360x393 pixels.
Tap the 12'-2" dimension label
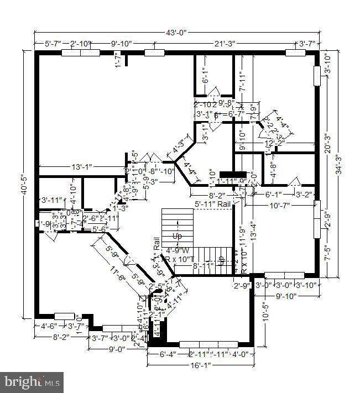[x=274, y=143]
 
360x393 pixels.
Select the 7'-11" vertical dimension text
[x=242, y=81]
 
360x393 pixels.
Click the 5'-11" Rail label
[x=213, y=204]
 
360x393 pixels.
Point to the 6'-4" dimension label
[x=168, y=354]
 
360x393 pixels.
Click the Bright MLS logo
[x=33, y=382]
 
